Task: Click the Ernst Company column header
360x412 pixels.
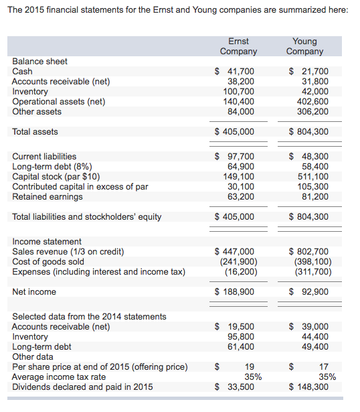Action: pos(238,46)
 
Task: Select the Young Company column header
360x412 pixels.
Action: pos(304,46)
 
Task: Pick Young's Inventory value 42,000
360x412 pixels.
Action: pos(315,91)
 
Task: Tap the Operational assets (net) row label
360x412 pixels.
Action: pos(59,101)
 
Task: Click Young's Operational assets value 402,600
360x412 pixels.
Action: pos(313,101)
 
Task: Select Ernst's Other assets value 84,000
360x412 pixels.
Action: pos(241,111)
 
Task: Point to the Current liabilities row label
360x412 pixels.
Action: pos(44,156)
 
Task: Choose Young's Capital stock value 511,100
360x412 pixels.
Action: pos(313,176)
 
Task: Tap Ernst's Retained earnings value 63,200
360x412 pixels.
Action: pos(241,196)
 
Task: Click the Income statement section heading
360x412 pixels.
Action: pos(47,241)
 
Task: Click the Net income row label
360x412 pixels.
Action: pos(34,291)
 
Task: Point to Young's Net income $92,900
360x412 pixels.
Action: pos(308,291)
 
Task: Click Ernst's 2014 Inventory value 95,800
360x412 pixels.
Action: pos(241,336)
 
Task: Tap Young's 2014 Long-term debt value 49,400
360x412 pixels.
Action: pos(315,346)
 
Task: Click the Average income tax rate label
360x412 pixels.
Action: pos(59,376)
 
